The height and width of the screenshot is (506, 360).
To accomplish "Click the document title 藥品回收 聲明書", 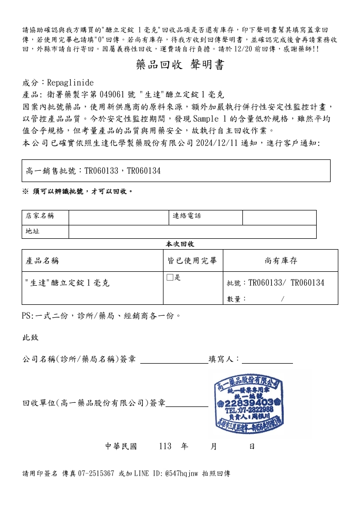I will click(180, 65).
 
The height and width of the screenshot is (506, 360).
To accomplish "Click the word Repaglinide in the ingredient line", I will click(70, 83).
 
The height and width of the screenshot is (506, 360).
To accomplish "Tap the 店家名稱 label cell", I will click(40, 217).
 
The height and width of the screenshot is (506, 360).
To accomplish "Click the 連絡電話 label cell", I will click(187, 217).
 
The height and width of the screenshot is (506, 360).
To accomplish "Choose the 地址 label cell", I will click(33, 232).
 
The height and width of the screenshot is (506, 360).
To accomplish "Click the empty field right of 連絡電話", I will click(279, 217).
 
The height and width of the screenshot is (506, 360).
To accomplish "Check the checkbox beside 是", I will click(170, 278).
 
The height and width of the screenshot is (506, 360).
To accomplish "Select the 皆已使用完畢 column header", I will click(192, 260).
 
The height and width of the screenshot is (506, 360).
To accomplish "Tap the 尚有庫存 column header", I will click(281, 260).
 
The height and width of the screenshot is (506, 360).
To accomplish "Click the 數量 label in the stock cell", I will click(237, 299).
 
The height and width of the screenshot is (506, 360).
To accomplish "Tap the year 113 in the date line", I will click(165, 446).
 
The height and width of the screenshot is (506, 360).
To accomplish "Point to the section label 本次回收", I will click(179, 244).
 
